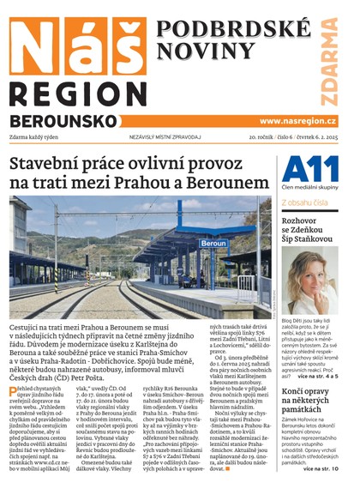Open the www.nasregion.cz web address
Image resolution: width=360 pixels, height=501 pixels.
297,121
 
